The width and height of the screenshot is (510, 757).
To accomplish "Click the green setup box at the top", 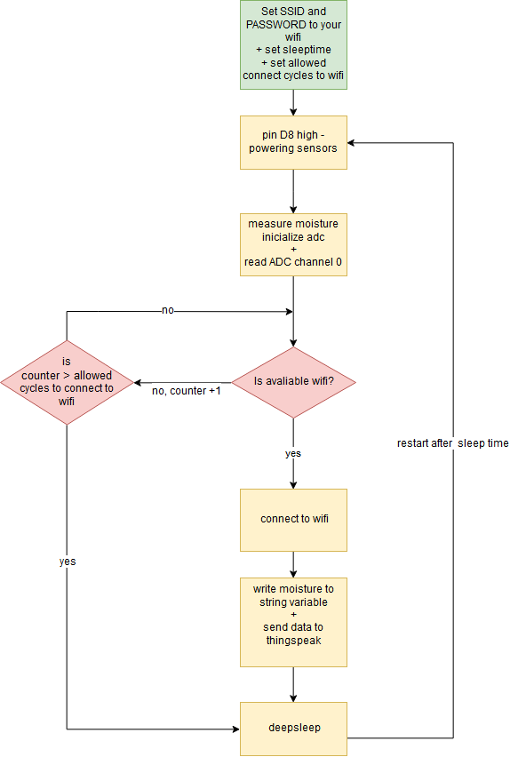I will click(293, 44).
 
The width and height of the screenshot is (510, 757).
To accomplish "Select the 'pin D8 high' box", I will click(293, 142).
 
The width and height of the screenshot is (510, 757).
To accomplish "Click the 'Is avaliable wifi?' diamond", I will click(293, 382).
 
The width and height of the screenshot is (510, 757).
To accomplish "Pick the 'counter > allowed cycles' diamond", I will click(68, 382).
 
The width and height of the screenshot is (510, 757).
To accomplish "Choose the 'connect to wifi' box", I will click(293, 519).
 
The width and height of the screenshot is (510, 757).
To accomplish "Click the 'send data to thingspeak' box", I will click(293, 622).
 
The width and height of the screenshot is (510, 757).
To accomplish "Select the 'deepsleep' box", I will click(293, 729).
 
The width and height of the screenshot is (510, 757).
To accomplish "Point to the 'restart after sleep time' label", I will click(452, 442).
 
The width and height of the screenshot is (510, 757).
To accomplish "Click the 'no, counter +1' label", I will click(187, 391).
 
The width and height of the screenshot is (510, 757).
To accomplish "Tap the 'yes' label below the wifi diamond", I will click(293, 453).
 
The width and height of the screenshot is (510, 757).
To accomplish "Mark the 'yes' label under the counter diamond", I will click(68, 562).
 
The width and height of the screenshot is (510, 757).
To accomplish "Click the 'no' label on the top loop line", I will click(167, 311).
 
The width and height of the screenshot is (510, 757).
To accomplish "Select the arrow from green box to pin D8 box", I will click(293, 102).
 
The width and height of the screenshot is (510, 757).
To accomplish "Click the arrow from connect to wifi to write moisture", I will click(293, 564).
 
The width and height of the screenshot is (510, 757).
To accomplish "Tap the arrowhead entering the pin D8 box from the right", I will click(352, 142).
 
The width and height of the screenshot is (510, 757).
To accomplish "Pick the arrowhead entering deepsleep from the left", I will click(235, 729).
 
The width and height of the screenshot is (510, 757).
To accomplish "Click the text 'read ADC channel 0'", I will click(293, 262).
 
